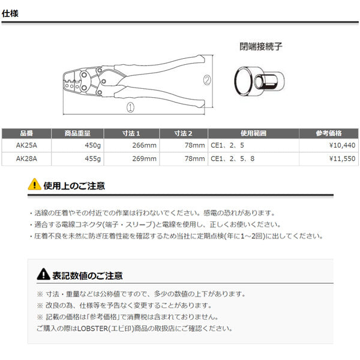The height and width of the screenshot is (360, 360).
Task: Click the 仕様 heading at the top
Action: (x=10, y=13)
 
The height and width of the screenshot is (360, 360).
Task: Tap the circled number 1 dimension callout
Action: (x=130, y=107)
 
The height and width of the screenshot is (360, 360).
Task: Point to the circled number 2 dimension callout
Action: (x=207, y=80)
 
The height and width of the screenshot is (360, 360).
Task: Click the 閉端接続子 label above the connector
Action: (x=261, y=47)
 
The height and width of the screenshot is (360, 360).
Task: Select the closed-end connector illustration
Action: (x=259, y=81)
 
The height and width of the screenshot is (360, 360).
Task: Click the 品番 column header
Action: (x=26, y=133)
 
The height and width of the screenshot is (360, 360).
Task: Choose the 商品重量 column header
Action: (x=77, y=133)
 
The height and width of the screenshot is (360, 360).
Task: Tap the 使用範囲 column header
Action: (x=253, y=133)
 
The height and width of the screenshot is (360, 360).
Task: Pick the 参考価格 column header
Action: (x=329, y=133)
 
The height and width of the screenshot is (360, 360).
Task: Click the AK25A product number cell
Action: (x=26, y=145)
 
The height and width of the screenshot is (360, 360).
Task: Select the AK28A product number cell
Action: (x=26, y=158)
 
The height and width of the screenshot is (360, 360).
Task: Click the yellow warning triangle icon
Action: (x=34, y=184)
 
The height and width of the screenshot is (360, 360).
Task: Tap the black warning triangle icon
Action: (x=43, y=274)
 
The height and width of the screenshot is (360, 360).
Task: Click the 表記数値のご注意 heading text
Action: (x=88, y=276)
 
